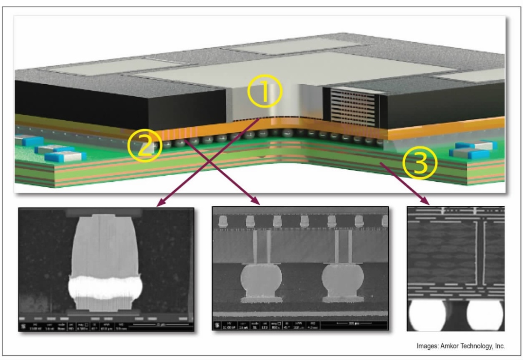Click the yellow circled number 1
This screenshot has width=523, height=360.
264,93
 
